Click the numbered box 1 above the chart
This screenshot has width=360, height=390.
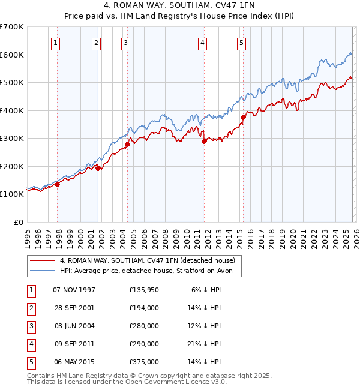55,43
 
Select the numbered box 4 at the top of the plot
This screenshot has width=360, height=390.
203,43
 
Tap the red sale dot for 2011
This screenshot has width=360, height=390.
204,142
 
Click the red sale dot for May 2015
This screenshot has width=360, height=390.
243,118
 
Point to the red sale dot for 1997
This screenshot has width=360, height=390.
58,184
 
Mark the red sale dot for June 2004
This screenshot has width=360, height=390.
127,144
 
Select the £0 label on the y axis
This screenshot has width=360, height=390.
19,222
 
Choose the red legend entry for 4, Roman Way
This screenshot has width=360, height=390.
150,260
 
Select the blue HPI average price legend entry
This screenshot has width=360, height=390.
150,271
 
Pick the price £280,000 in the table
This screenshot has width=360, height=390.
143,326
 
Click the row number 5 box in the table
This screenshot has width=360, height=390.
31,362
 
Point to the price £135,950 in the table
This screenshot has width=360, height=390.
143,290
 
